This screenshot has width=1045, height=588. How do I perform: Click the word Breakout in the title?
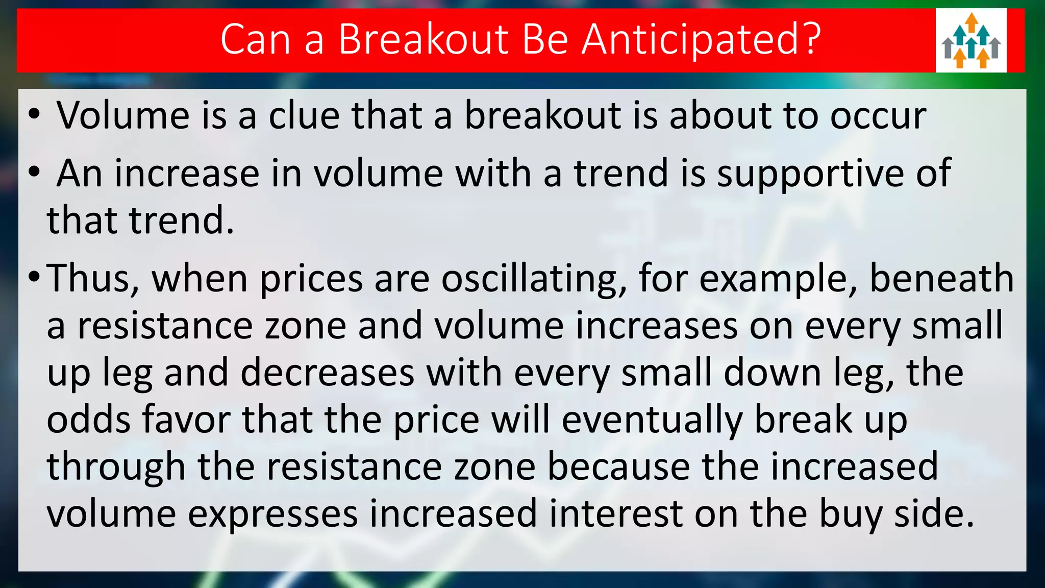tap(424, 40)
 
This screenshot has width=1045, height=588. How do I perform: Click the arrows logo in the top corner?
tap(971, 41)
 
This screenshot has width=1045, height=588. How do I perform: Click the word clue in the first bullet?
tap(304, 115)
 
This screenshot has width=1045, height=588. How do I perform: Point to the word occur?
tap(878, 116)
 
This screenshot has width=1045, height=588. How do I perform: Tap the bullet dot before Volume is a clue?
tap(34, 114)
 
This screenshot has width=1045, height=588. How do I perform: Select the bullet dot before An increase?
tap(34, 173)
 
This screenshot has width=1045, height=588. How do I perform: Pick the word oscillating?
tap(534, 280)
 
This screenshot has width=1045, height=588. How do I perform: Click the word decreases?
tap(327, 373)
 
